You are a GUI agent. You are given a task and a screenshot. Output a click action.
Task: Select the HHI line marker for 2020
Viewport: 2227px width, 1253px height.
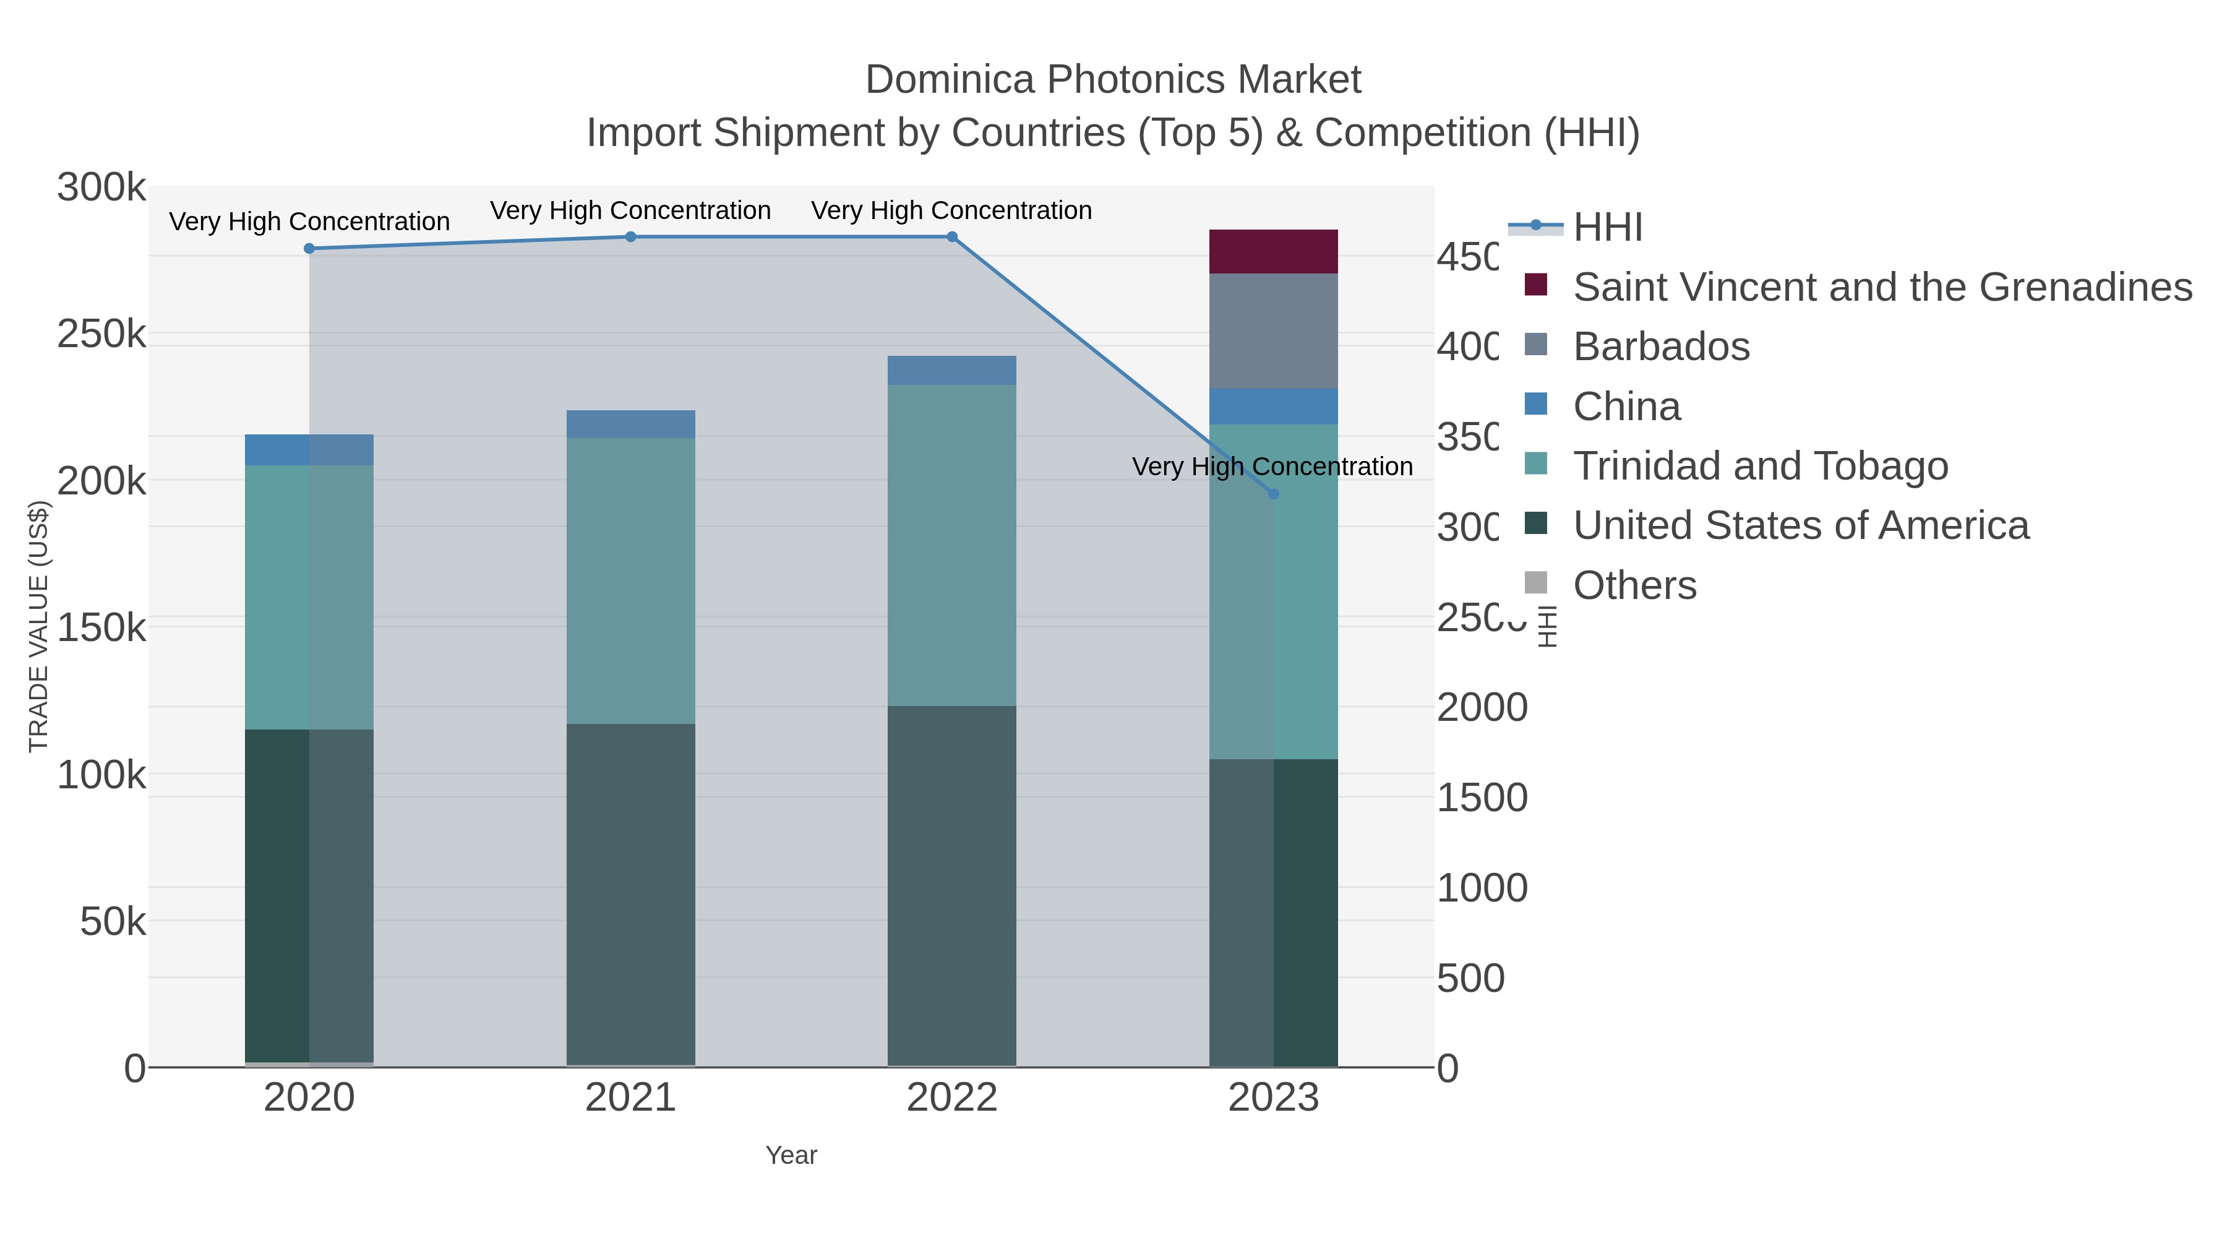click(x=309, y=249)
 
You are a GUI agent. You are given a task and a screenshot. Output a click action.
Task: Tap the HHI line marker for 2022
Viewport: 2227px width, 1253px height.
click(x=952, y=237)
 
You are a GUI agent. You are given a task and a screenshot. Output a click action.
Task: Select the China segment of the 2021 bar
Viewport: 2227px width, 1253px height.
click(x=630, y=424)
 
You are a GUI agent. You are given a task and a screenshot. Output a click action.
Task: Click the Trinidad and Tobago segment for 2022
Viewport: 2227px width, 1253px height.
click(x=952, y=545)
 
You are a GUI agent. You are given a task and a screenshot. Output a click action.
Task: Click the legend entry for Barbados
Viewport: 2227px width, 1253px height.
click(x=1661, y=347)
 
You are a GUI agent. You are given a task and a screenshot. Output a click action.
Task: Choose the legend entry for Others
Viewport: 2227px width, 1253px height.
click(x=1634, y=585)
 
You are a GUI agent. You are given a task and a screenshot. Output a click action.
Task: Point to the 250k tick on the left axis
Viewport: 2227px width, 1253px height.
click(x=101, y=334)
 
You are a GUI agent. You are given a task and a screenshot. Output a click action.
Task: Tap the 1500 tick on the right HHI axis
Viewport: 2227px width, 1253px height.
click(x=1482, y=798)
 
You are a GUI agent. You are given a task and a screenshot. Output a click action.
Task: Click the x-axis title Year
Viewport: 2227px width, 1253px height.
click(x=791, y=1155)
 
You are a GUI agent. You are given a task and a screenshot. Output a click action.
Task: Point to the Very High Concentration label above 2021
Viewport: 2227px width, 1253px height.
click(x=630, y=210)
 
